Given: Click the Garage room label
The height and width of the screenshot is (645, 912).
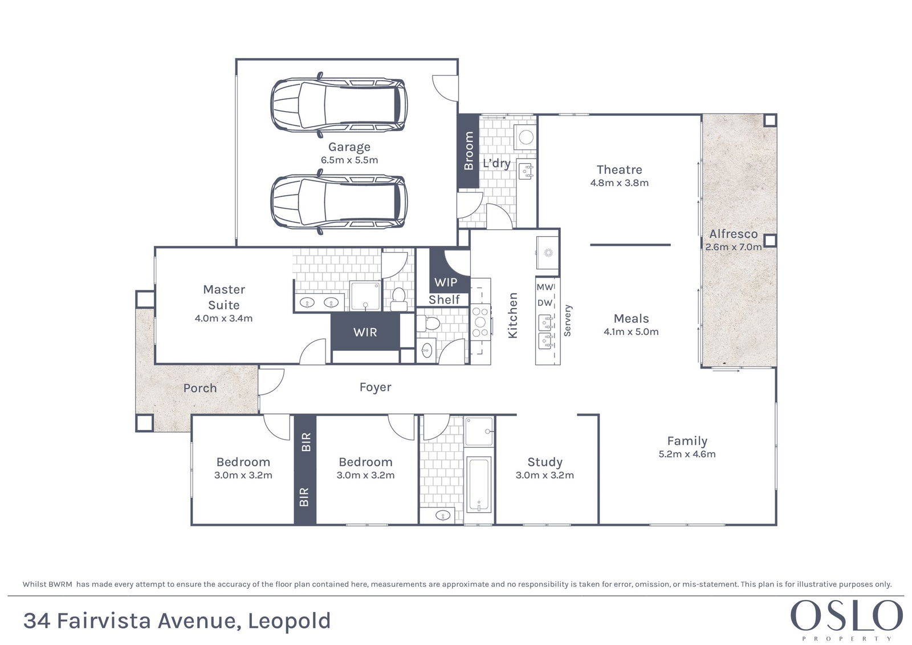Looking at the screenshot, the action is [349, 148].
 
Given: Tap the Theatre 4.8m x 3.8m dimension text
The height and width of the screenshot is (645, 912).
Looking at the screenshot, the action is [619, 183].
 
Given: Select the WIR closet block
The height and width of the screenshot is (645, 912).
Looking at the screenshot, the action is [365, 332].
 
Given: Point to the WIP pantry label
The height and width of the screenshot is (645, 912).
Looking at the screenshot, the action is [445, 282].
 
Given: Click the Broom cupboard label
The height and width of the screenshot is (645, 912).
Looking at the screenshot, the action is [469, 151].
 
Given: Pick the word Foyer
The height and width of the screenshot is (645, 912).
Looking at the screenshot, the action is [376, 387].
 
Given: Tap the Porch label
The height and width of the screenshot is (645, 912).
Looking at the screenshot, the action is [200, 388].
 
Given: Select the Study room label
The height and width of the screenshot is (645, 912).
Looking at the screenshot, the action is [545, 462].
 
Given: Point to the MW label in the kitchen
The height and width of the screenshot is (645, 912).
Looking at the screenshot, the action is [544, 287].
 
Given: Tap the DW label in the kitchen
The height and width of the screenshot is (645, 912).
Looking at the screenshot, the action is [545, 303].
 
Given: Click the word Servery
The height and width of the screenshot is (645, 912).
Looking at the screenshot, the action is [568, 321].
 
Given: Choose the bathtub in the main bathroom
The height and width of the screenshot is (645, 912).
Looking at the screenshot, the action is [479, 484].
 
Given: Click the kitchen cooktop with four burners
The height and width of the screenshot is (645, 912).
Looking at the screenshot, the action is [481, 322].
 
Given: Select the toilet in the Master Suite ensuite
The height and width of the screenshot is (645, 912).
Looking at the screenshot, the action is [398, 299].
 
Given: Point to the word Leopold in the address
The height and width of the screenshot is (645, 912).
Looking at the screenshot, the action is [289, 621].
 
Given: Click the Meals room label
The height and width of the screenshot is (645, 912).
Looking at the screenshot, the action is [631, 318].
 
